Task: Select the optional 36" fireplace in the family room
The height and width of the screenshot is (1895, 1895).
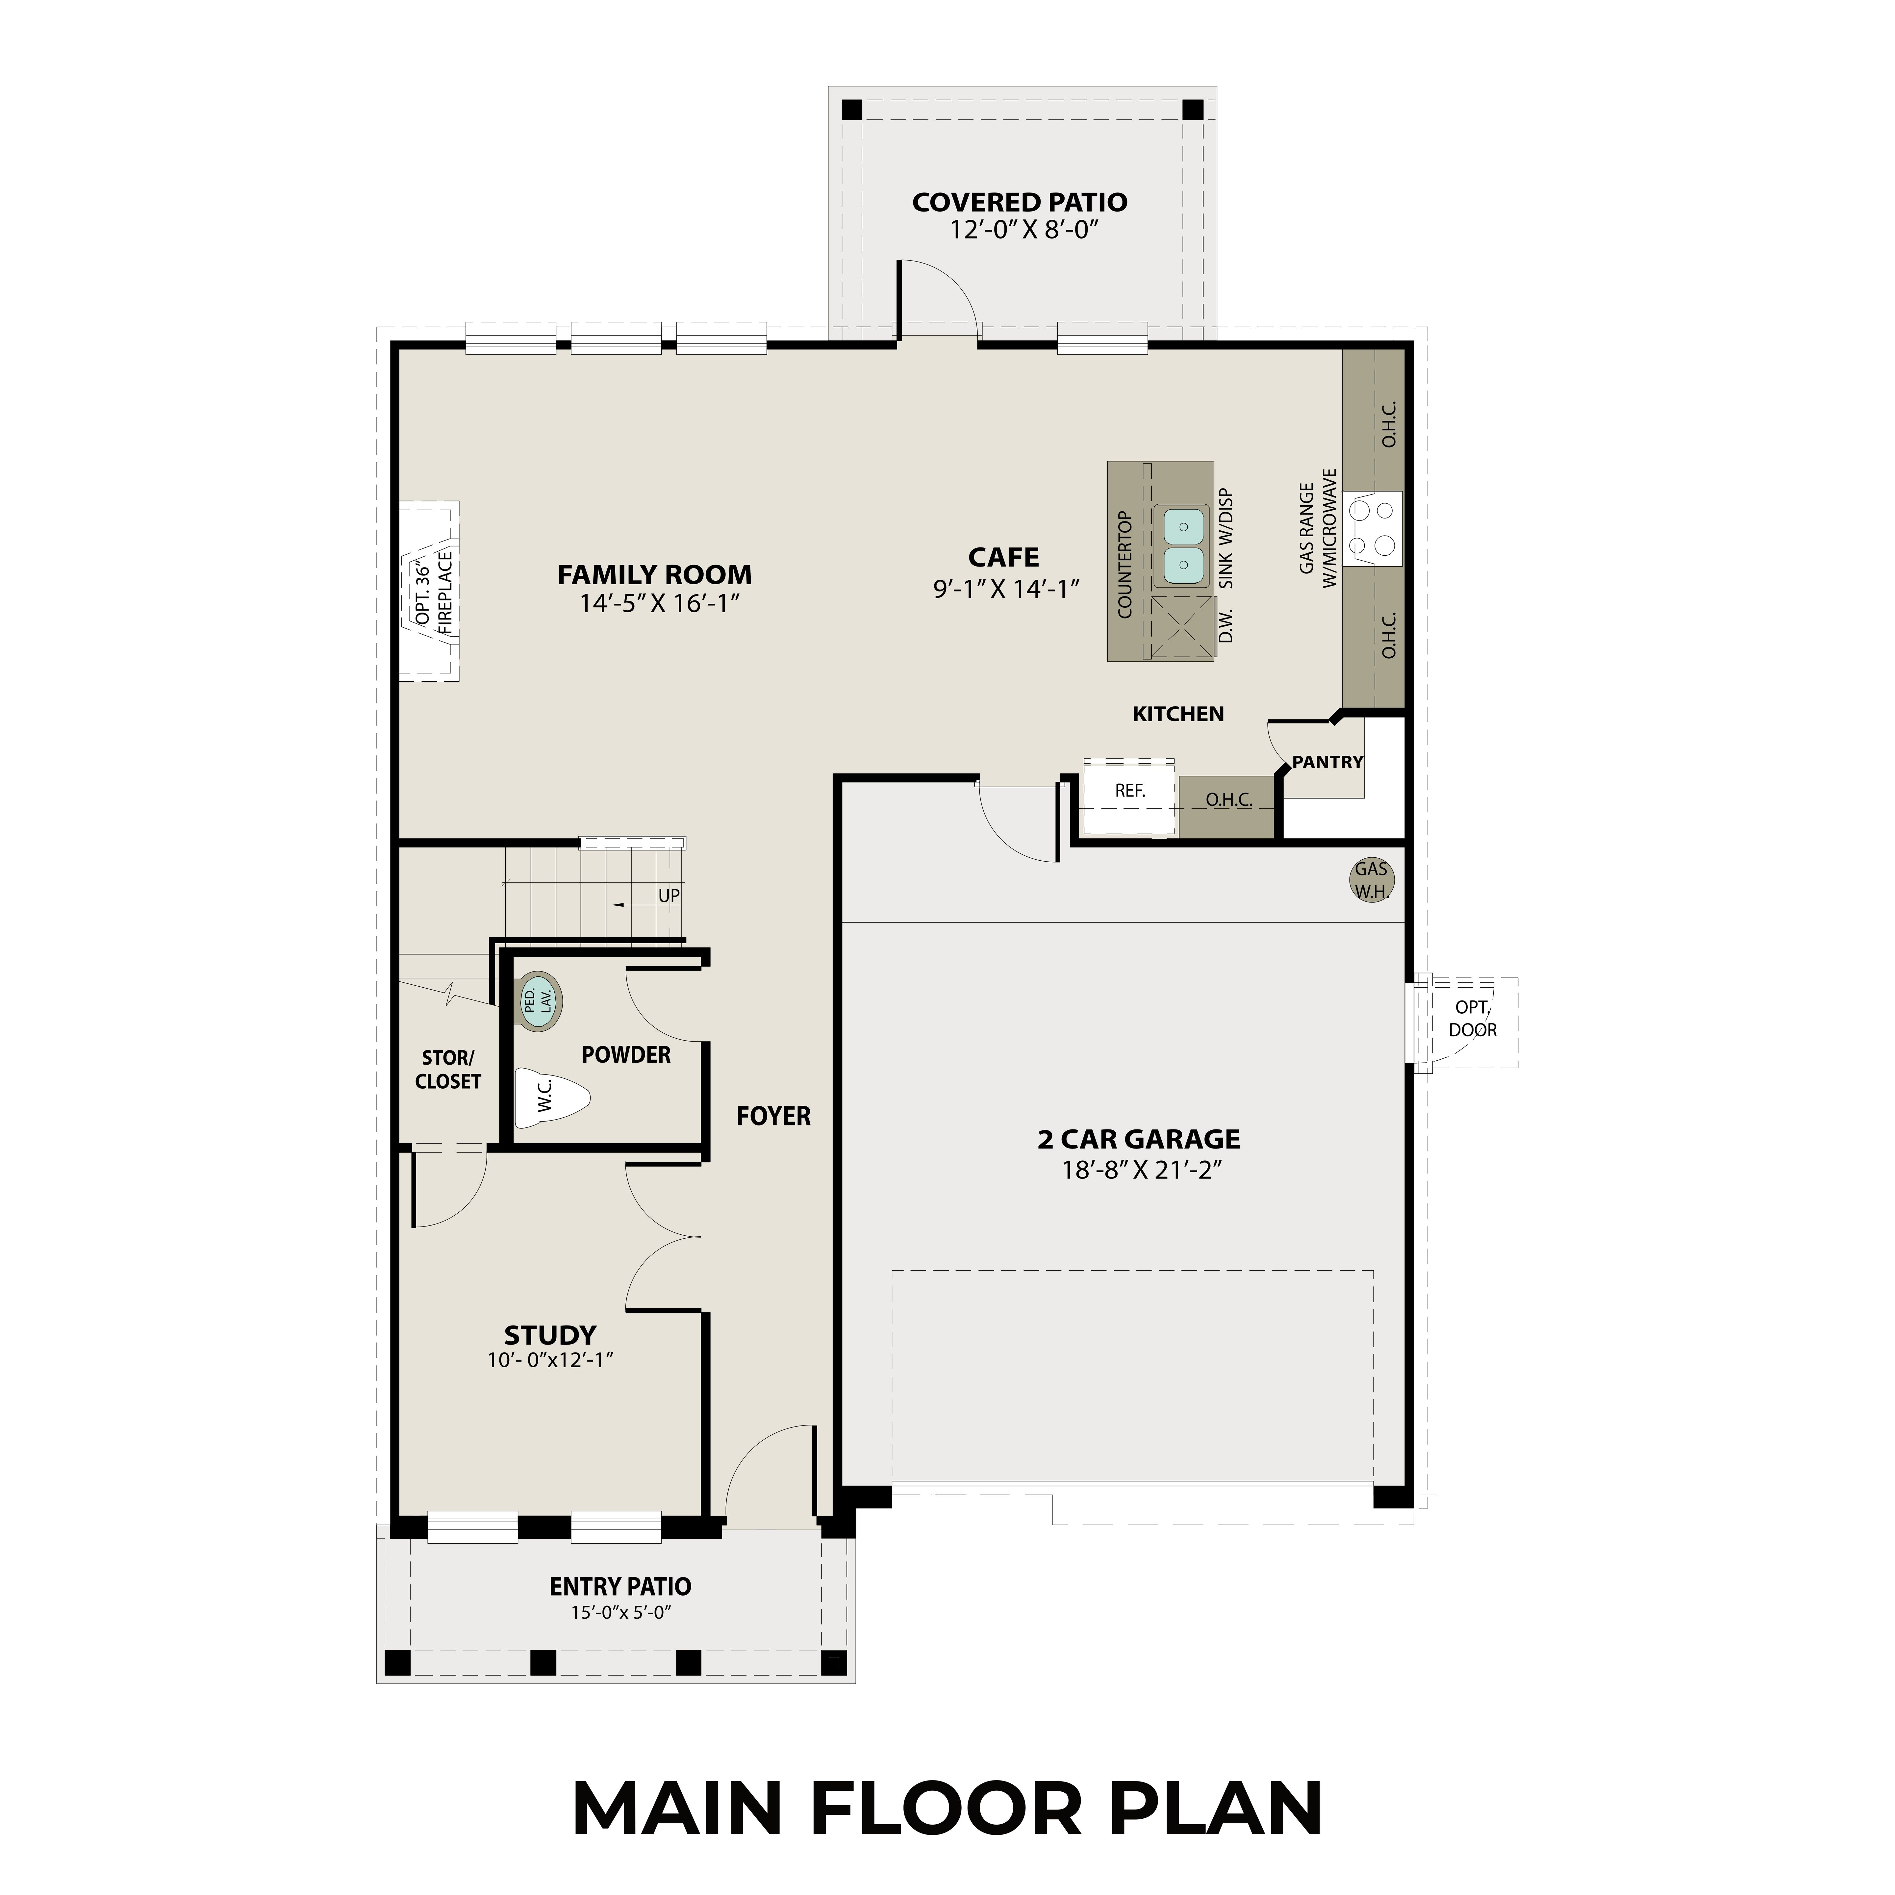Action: click(x=430, y=591)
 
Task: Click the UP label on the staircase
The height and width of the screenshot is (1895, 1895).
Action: click(x=668, y=896)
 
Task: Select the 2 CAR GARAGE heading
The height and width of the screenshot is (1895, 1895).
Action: click(x=1138, y=1139)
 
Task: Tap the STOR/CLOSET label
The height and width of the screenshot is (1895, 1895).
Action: click(x=447, y=1069)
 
